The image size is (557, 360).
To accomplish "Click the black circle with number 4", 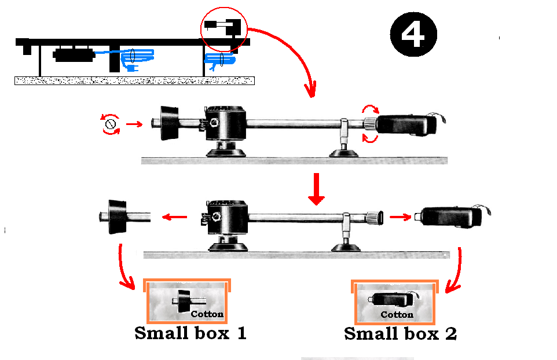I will [413, 34].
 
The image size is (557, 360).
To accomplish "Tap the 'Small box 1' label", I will [190, 333].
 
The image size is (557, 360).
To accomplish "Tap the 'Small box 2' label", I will [400, 334].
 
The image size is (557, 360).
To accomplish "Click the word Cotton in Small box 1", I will [207, 314].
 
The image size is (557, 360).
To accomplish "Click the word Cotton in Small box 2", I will [397, 315].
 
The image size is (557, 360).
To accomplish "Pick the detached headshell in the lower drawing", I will [451, 217].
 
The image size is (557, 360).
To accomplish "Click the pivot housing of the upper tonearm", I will [225, 124].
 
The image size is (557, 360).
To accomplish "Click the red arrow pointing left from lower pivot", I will [173, 218].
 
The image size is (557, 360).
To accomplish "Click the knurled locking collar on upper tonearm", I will [369, 123].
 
